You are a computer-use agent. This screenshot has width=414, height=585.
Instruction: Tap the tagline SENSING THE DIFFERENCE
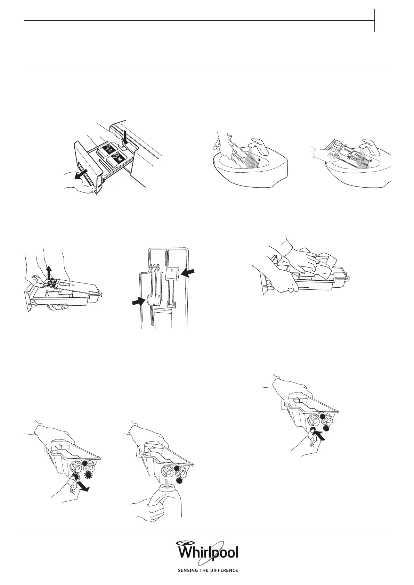pyautogui.click(x=208, y=580)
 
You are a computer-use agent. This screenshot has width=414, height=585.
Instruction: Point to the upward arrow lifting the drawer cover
pyautogui.click(x=49, y=272)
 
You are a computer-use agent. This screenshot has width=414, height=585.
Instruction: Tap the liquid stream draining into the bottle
pyautogui.click(x=167, y=484)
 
